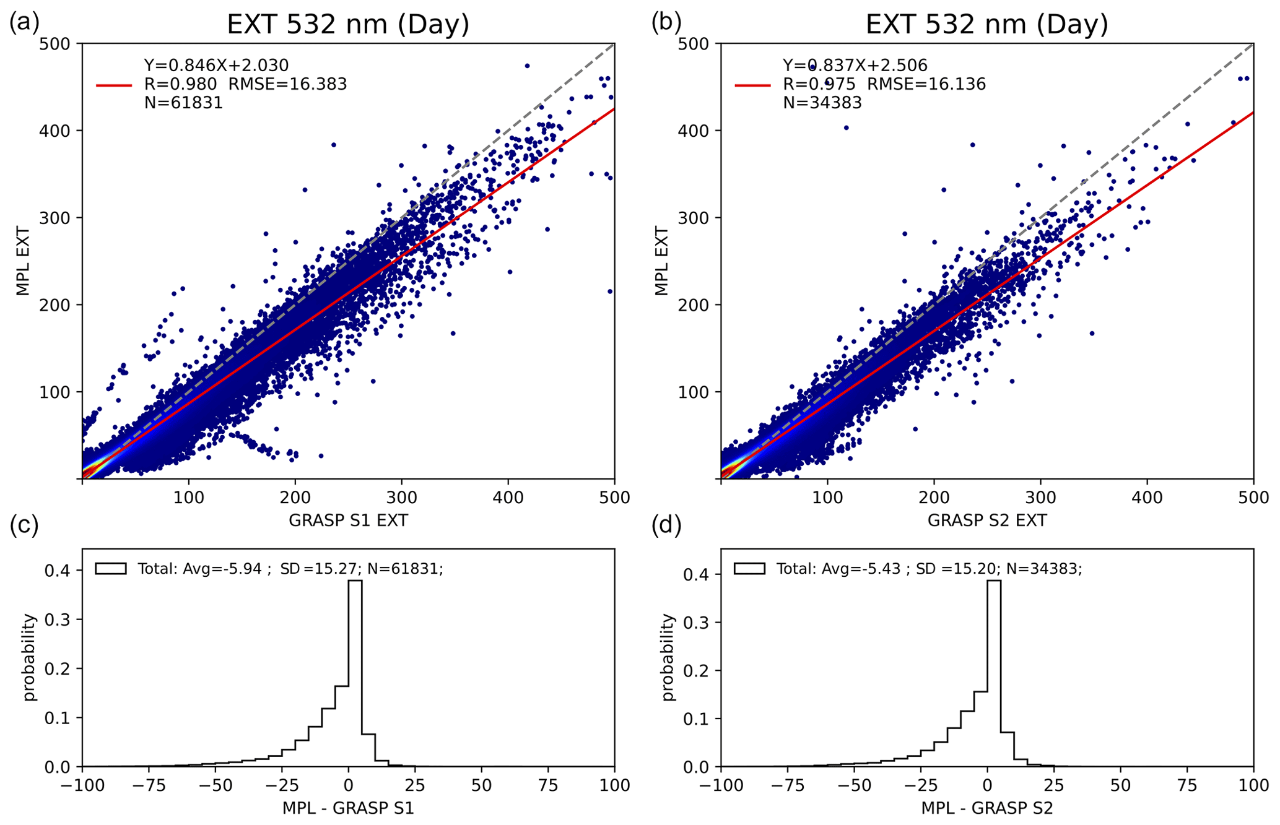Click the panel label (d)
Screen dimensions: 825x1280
tap(667, 525)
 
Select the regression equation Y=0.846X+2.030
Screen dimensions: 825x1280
tap(216, 65)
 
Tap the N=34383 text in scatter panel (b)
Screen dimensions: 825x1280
tap(822, 103)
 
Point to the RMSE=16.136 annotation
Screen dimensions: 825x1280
tap(926, 84)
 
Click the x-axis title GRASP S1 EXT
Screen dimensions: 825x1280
tap(348, 520)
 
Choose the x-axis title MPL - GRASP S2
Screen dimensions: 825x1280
tap(987, 808)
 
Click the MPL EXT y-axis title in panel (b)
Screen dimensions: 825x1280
tap(661, 261)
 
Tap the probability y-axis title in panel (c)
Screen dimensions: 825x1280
tap(29, 657)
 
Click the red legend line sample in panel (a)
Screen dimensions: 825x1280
tap(114, 85)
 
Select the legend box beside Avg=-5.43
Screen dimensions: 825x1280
tap(749, 568)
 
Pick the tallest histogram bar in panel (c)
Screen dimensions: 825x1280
tap(355, 673)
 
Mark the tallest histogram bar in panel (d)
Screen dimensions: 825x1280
tap(994, 673)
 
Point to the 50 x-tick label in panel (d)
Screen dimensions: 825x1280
tap(1120, 785)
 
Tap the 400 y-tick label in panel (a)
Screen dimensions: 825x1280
tap(60, 131)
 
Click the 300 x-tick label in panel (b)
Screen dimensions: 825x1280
tap(1040, 498)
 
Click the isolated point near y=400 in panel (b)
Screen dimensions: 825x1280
tap(847, 128)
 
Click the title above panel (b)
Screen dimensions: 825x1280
tap(986, 25)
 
